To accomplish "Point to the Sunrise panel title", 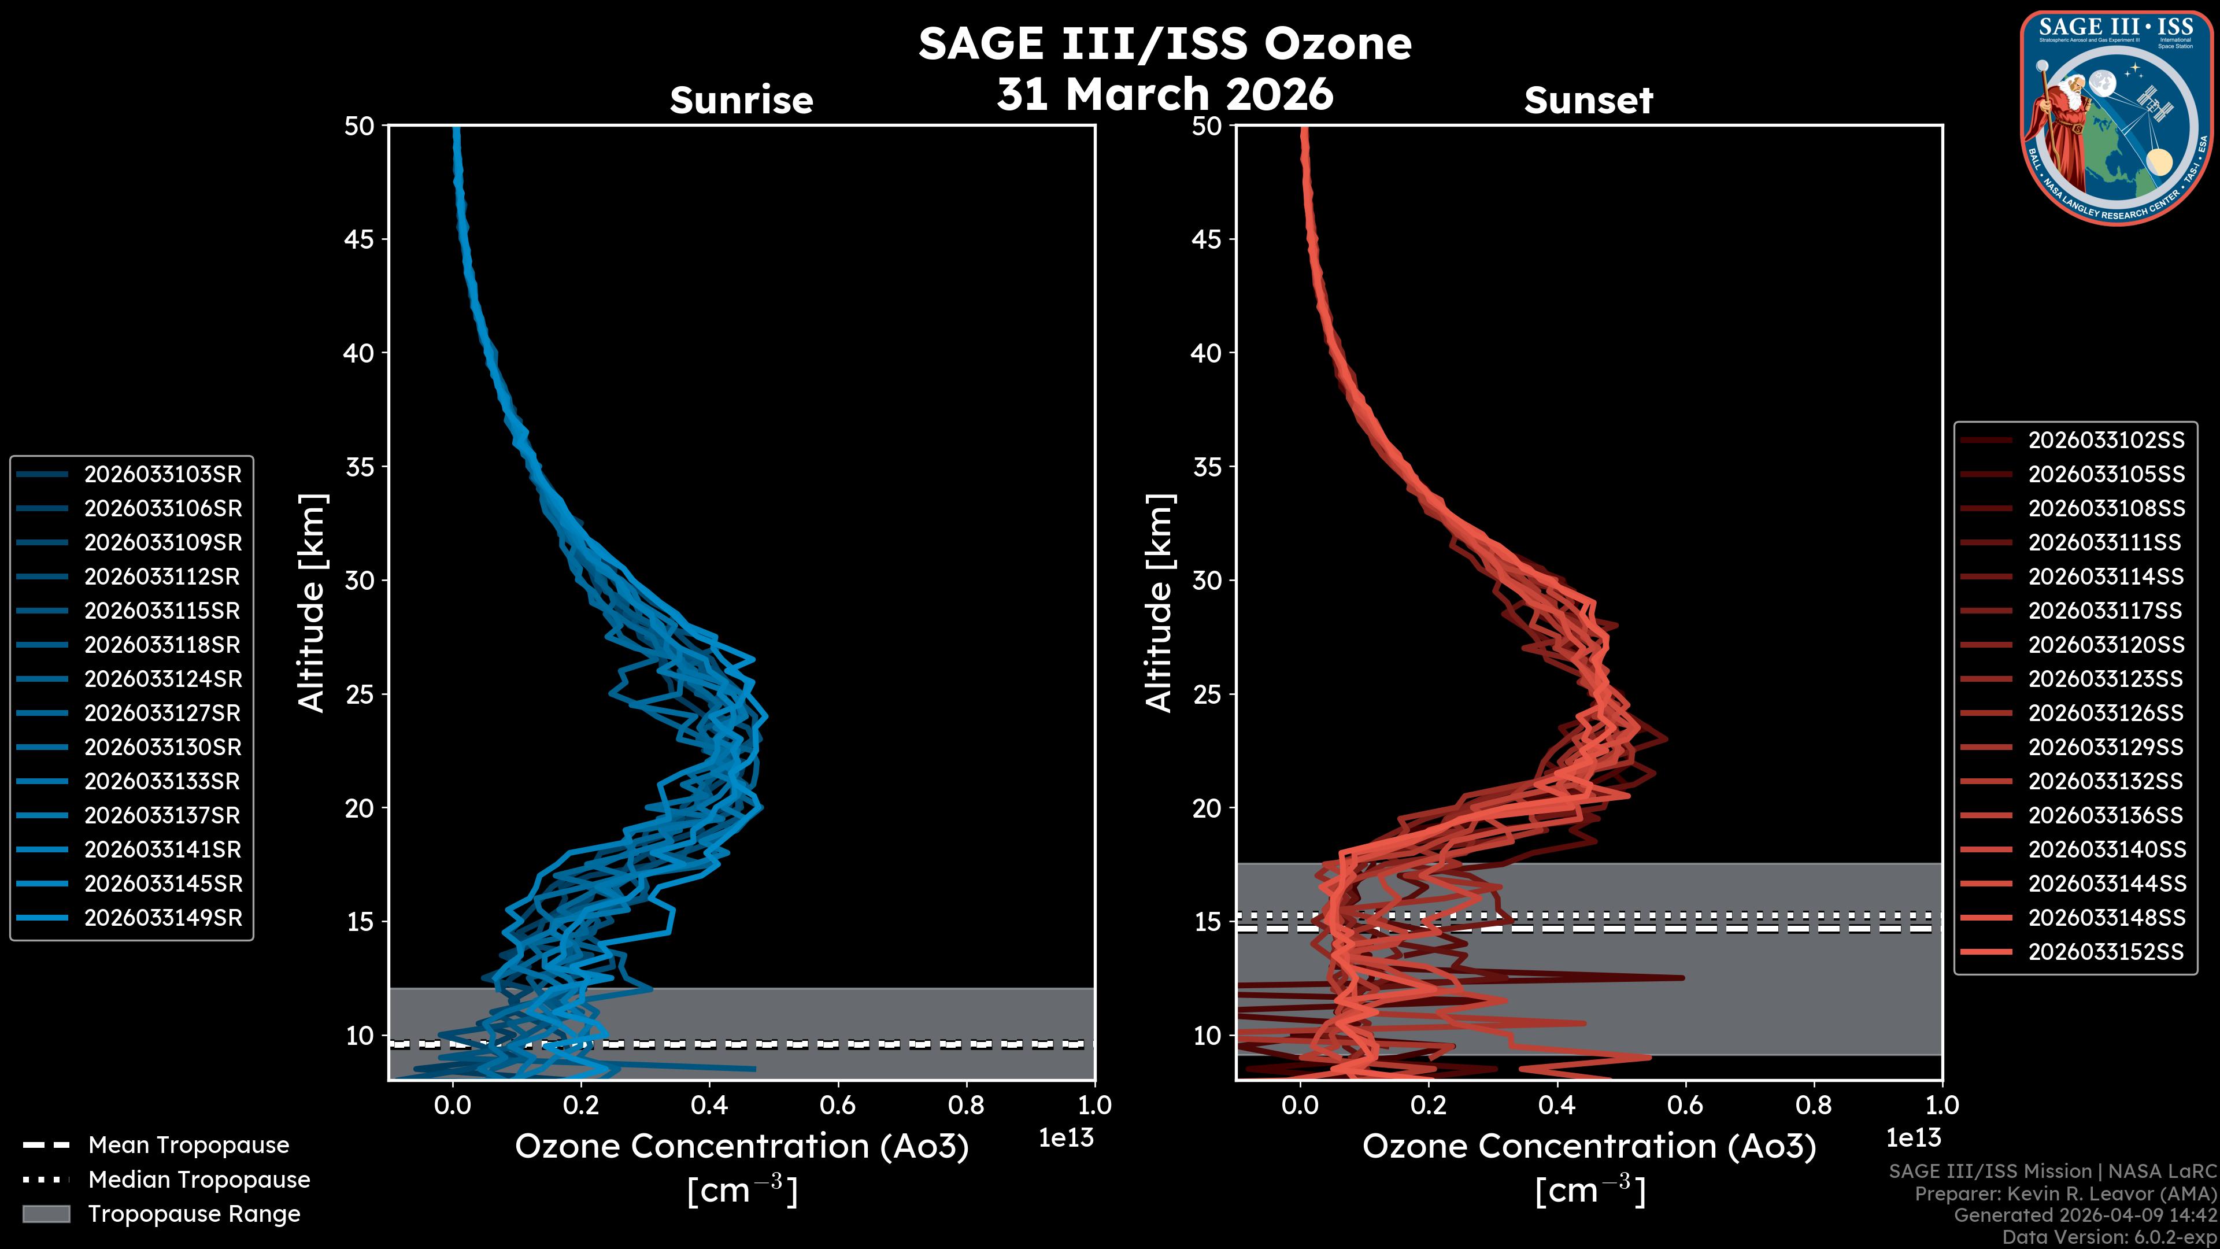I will coord(741,101).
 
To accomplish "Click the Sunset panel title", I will coord(1588,101).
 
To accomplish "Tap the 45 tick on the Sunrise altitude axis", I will coord(360,239).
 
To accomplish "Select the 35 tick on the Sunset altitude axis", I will coord(1207,467).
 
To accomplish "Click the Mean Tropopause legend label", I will coord(188,1145).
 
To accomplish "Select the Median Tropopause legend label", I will coord(199,1180).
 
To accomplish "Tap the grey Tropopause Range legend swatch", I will coord(46,1214).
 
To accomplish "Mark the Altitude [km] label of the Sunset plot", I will coord(1159,603).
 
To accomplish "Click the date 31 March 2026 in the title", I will coord(1164,93).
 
